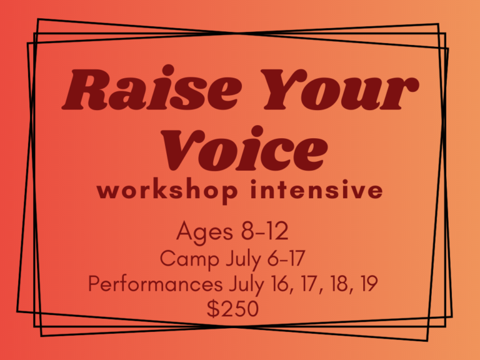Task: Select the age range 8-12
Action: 264,232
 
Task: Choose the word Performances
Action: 154,284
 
